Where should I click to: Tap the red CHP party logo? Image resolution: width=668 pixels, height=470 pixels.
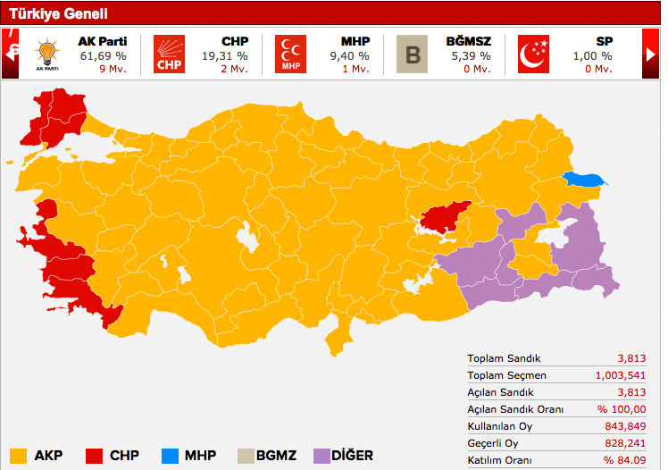pos(169,54)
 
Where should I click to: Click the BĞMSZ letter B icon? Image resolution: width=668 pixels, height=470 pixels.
pos(413,54)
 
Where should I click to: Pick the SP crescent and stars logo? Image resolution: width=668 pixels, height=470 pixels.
pos(534,54)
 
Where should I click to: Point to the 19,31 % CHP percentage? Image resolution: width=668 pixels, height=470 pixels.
pos(224,55)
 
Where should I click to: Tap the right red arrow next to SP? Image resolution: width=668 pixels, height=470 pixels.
pos(651,54)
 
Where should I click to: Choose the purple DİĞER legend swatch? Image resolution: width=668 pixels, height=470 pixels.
pos(320,454)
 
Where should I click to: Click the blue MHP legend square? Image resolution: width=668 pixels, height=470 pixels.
pos(170,454)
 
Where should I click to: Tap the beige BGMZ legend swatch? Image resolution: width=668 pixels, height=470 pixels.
pos(245,454)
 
